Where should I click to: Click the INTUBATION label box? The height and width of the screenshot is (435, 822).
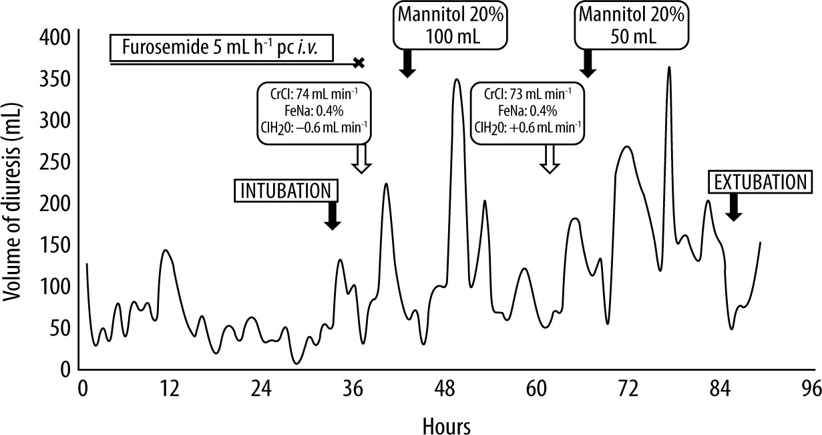pos(285,190)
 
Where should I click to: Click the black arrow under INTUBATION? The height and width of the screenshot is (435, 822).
pos(332,216)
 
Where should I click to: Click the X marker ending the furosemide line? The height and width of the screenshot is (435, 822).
pos(359,63)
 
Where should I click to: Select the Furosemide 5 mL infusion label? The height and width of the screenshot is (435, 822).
pos(220,49)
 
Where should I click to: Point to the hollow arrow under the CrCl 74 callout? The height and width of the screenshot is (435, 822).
pos(361,160)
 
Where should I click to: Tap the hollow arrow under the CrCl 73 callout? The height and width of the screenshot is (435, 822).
pos(549,160)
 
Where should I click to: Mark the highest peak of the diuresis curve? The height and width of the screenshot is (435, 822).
pos(668,67)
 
